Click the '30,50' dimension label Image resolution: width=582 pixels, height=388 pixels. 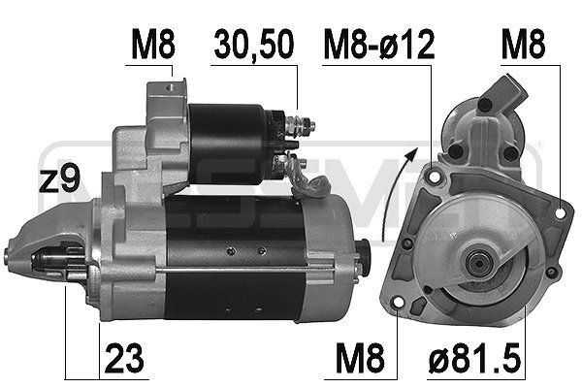coord(255,45)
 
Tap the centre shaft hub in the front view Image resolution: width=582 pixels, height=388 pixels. coord(477,260)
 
